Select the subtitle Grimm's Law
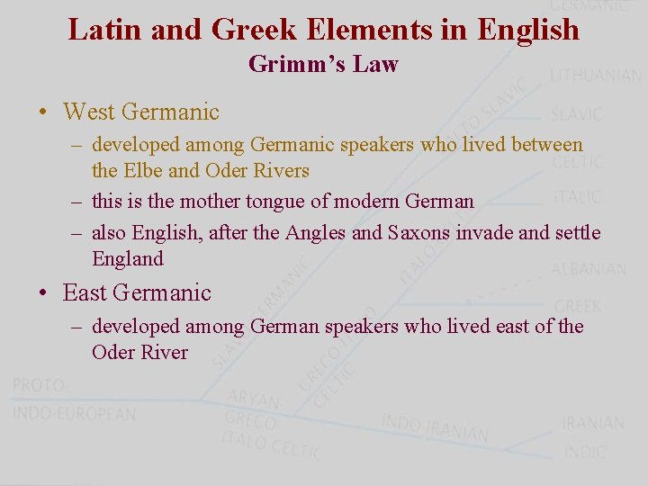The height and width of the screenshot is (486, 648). [x=323, y=64]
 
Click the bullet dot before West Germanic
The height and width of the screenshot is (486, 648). [x=42, y=112]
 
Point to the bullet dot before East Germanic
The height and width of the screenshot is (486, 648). [x=42, y=293]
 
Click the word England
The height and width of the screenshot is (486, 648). [x=128, y=259]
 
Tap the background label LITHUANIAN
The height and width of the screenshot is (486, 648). [x=595, y=76]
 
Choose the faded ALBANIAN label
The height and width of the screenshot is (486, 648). [x=589, y=269]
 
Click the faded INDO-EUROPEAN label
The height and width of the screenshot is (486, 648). [x=74, y=414]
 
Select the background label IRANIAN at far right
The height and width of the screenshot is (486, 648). [x=592, y=423]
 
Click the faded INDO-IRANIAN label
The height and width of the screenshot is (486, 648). [x=435, y=427]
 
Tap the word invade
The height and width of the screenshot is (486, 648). [x=487, y=233]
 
